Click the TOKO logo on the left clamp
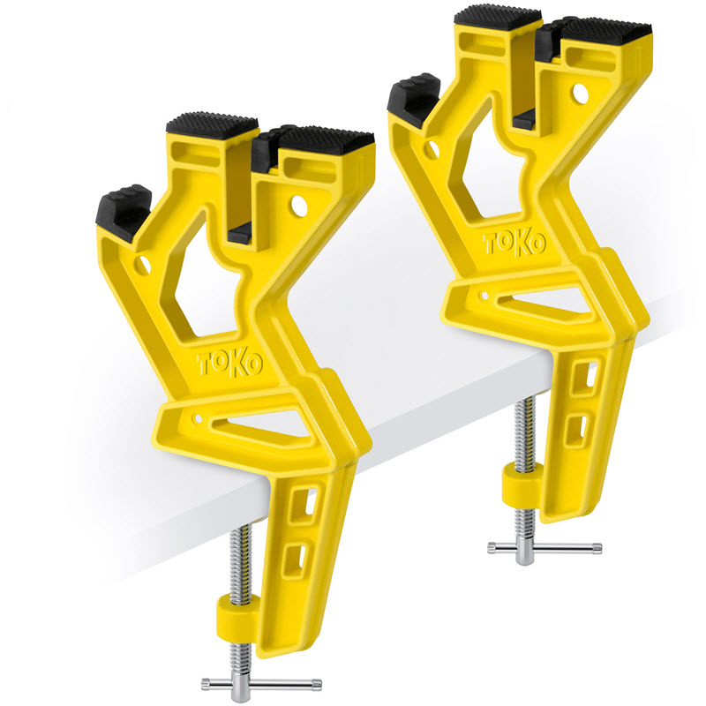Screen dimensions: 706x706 pyautogui.click(x=230, y=363)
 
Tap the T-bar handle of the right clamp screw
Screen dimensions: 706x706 pyautogui.click(x=545, y=547)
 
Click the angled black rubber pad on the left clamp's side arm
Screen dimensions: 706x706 pyautogui.click(x=124, y=212)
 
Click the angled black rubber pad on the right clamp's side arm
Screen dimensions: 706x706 pyautogui.click(x=413, y=98)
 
